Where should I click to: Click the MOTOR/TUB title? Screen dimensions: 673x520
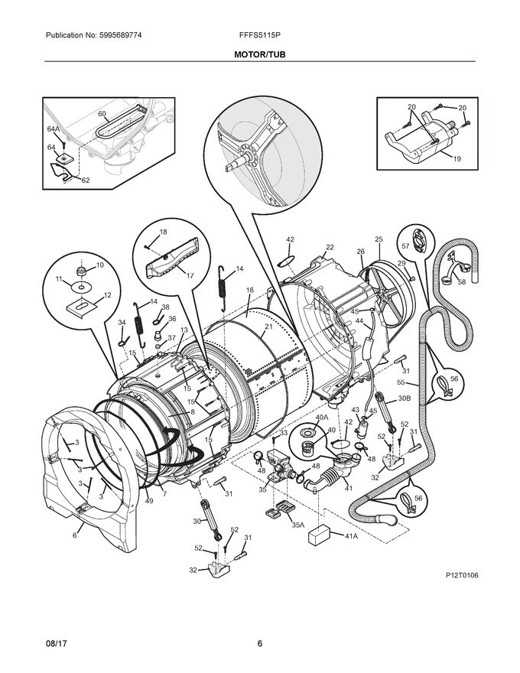pyautogui.click(x=259, y=55)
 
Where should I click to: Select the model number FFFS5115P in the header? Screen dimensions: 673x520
pyautogui.click(x=259, y=35)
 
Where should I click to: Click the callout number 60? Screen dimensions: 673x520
pyautogui.click(x=102, y=113)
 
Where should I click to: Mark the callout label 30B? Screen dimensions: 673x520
pyautogui.click(x=403, y=398)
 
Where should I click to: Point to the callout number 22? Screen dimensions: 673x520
pyautogui.click(x=330, y=247)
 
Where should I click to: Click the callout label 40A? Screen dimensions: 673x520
pyautogui.click(x=321, y=417)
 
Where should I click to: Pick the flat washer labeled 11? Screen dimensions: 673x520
pyautogui.click(x=80, y=287)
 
